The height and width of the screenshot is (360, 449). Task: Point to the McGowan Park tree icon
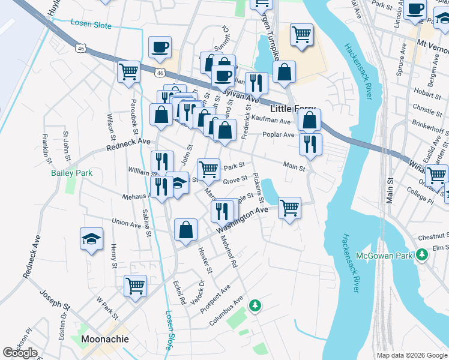[x=422, y=255]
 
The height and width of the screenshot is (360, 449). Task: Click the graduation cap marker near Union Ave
[x=91, y=239]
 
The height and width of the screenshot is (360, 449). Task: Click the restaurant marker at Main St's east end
[x=310, y=145]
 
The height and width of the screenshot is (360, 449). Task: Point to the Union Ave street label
[x=126, y=223]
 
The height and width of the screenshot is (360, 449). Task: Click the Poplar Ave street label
[x=278, y=135]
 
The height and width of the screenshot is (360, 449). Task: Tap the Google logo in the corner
[x=20, y=353]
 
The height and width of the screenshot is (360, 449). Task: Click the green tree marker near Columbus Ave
[x=256, y=305]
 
